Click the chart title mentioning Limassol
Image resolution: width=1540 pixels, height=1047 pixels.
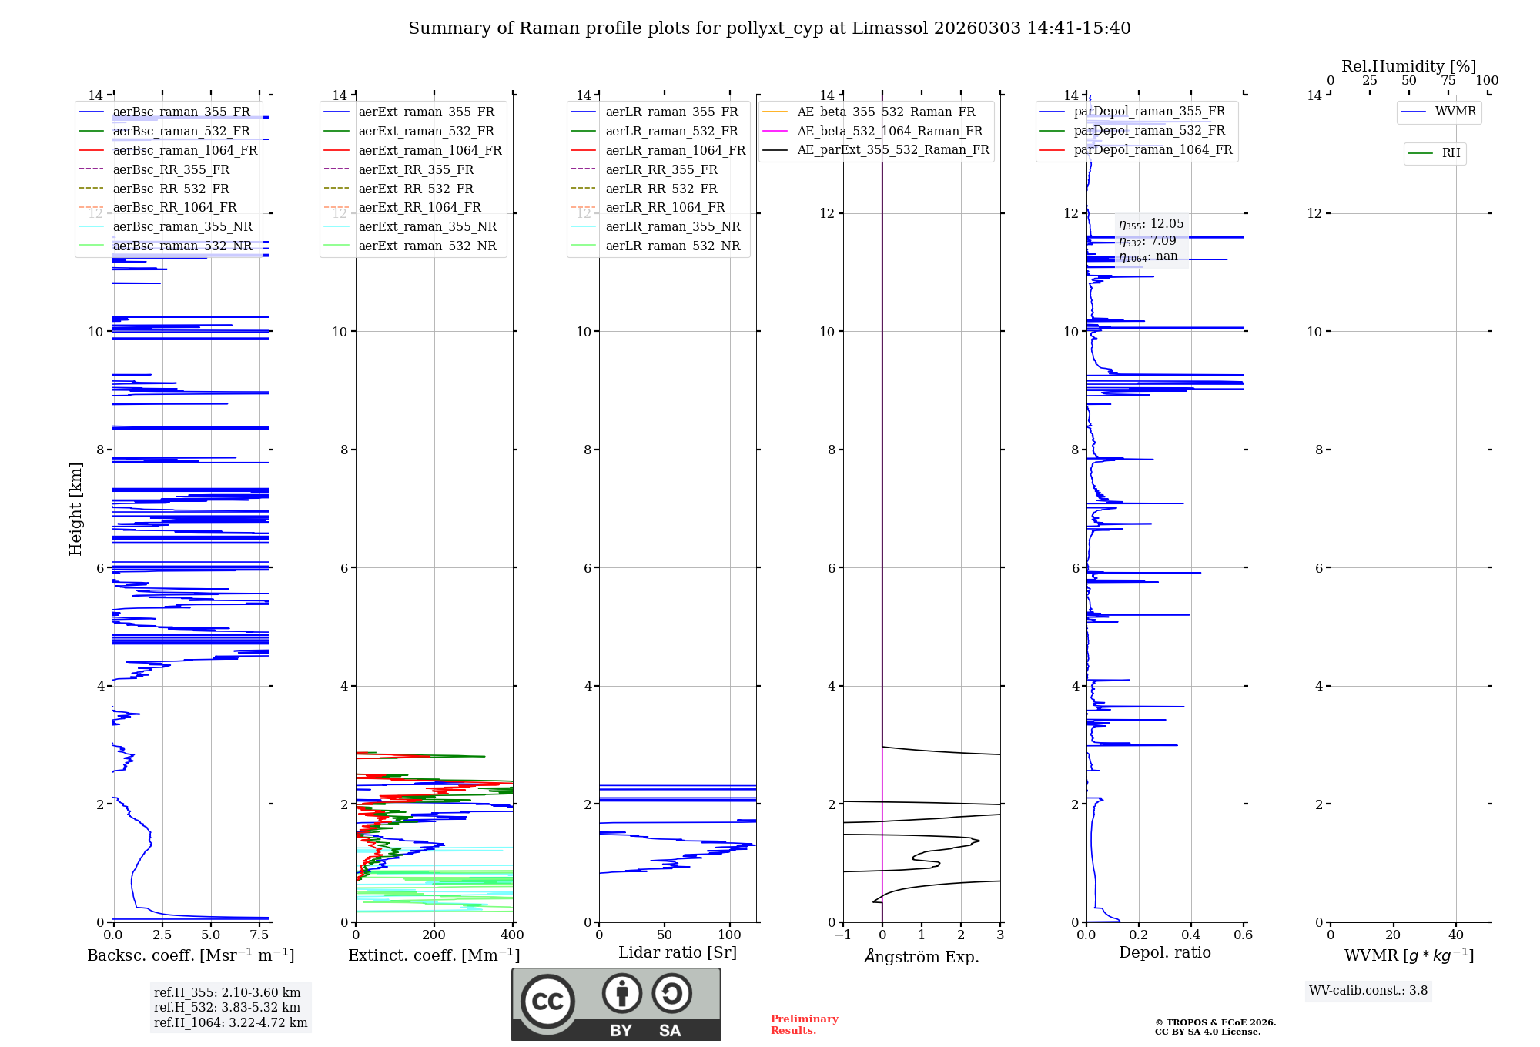(x=769, y=28)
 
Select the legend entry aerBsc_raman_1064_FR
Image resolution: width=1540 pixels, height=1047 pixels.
(x=185, y=150)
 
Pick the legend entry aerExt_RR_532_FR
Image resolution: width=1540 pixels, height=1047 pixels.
(x=416, y=189)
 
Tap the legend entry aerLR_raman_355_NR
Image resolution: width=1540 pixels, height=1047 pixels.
(x=672, y=226)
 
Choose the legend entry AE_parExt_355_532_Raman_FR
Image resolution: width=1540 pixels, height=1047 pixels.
(x=893, y=149)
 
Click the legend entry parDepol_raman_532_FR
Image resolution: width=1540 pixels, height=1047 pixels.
(x=1149, y=131)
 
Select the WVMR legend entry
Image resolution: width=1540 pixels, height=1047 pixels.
(x=1455, y=112)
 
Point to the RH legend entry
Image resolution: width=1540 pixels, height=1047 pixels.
(x=1451, y=153)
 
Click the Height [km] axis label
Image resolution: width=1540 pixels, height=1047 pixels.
(x=75, y=508)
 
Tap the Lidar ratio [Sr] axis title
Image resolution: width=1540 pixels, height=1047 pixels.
(x=678, y=952)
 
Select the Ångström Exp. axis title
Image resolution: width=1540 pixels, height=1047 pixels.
(x=922, y=956)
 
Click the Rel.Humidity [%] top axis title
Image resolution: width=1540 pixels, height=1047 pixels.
(x=1408, y=66)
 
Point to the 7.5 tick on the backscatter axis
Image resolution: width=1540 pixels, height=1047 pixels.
(x=259, y=935)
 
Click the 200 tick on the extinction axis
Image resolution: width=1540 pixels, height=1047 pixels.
(x=434, y=935)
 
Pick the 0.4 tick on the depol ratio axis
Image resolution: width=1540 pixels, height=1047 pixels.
(x=1191, y=935)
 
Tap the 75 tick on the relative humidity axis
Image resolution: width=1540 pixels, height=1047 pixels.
(x=1448, y=81)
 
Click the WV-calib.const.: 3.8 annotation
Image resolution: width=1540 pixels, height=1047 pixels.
(x=1368, y=991)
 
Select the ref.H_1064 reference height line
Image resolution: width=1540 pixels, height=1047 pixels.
(x=230, y=1023)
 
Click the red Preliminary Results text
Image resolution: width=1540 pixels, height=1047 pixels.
(x=804, y=1025)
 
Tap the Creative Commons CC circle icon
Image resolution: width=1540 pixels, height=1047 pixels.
(x=547, y=1002)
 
